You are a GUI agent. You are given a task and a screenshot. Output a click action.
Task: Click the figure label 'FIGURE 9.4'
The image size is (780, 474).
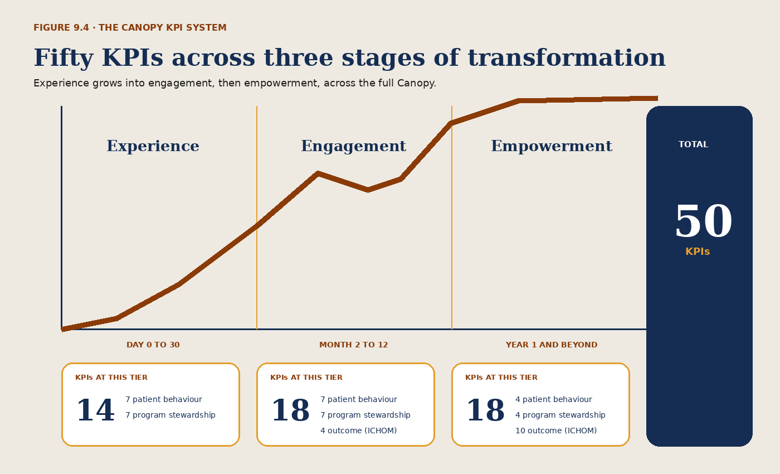tap(61, 27)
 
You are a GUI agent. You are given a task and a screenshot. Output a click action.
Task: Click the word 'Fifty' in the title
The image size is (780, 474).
tap(64, 58)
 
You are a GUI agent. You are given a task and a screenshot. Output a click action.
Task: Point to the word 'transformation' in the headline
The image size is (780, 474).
tap(567, 57)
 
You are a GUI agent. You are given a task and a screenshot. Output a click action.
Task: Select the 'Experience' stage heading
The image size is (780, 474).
tap(153, 146)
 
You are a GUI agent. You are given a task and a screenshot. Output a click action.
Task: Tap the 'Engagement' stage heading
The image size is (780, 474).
tap(353, 146)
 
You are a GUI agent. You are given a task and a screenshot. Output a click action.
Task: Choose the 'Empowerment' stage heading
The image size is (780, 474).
tap(552, 146)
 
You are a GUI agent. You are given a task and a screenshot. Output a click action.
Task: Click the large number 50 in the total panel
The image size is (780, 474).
tap(703, 221)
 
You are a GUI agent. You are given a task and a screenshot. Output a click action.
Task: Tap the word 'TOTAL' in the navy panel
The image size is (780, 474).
tap(693, 144)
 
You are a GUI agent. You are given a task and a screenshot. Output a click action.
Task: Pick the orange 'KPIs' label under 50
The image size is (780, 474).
tap(698, 251)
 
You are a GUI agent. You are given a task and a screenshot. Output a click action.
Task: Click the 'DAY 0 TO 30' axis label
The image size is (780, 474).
tap(153, 345)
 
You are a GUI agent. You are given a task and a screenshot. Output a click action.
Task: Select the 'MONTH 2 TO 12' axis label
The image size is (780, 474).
tap(353, 345)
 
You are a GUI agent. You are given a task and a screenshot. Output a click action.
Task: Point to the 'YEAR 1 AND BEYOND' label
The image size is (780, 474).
tap(552, 345)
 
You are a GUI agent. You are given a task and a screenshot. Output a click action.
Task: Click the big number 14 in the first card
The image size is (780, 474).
tap(95, 410)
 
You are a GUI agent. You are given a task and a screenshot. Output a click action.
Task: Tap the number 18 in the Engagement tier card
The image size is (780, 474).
tap(290, 410)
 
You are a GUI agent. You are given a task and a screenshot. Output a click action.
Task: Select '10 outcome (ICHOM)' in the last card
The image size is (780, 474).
tap(556, 431)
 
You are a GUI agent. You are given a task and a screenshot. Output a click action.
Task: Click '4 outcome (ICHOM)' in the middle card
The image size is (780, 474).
tap(359, 431)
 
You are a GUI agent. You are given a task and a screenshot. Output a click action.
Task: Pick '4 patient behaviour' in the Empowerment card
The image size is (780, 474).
tap(554, 399)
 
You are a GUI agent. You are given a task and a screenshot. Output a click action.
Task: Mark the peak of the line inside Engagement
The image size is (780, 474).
tap(318, 173)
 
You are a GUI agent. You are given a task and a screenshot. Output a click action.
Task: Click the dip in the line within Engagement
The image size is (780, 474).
tap(368, 190)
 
